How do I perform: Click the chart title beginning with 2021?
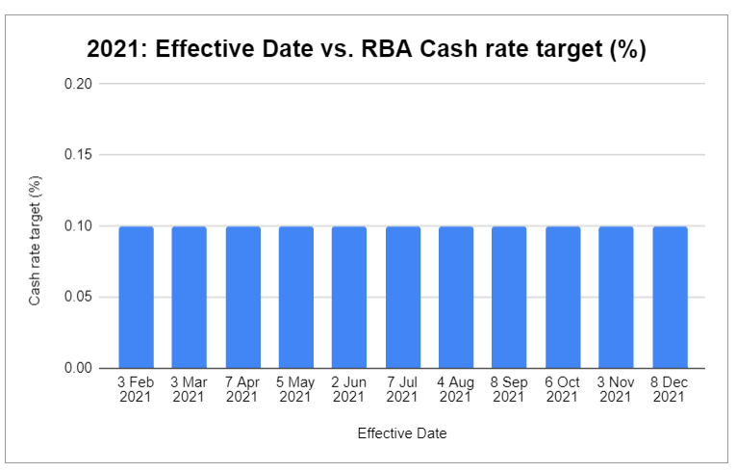pyautogui.click(x=366, y=50)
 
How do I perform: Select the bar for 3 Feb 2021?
pyautogui.click(x=136, y=297)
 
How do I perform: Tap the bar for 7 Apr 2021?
pyautogui.click(x=242, y=297)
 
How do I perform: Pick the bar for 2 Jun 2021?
pyautogui.click(x=349, y=297)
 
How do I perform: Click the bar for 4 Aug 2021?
pyautogui.click(x=456, y=297)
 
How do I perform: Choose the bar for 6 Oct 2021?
pyautogui.click(x=563, y=297)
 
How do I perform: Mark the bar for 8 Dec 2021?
pyautogui.click(x=670, y=297)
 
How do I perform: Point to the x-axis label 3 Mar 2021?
pyautogui.click(x=190, y=389)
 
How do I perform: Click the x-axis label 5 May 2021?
pyautogui.click(x=296, y=389)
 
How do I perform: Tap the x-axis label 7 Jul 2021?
pyautogui.click(x=403, y=389)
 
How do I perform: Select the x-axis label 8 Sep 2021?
pyautogui.click(x=510, y=389)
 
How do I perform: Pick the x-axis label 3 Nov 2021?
pyautogui.click(x=616, y=389)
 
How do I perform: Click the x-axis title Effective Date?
pyautogui.click(x=402, y=433)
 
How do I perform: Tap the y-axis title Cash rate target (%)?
pyautogui.click(x=35, y=240)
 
